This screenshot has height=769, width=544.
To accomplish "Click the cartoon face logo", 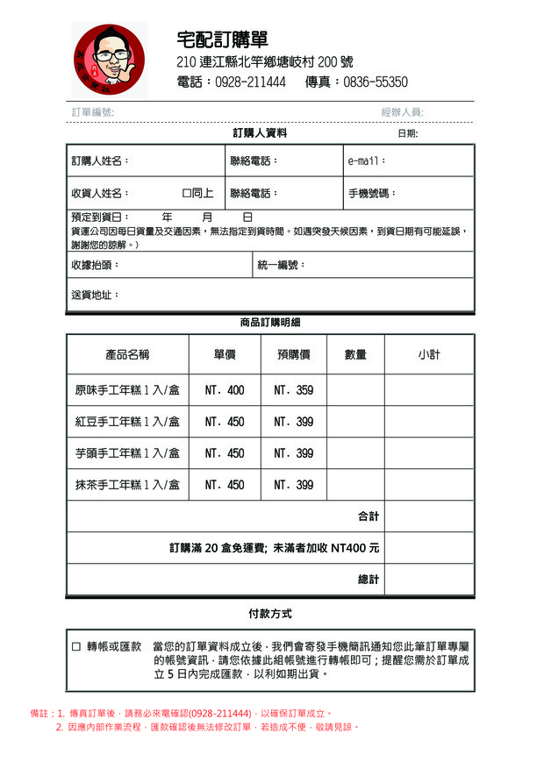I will pos(109,60).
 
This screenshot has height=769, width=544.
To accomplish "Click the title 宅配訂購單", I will pos(222,39).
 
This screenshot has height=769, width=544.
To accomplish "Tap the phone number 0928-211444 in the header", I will pos(250,82).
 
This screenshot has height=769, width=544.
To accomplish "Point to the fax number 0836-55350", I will pos(376,82).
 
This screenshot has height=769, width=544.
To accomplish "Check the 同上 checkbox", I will pos(187,193).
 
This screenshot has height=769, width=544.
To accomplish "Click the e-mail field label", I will pos(367,161).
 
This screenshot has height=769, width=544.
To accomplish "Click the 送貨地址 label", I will pos(95,295).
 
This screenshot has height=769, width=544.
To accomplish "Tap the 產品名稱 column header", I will pos(127,355).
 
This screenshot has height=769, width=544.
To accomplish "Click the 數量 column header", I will pos(355,355).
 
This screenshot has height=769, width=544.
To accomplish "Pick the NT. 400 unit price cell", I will pos(225,390).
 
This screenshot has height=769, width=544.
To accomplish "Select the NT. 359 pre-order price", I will pos(293,390).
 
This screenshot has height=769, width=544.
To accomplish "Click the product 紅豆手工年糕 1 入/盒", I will pos(127,422).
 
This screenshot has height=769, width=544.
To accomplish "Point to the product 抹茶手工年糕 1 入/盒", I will pos(127,485).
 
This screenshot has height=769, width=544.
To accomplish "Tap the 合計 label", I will pos(369,516).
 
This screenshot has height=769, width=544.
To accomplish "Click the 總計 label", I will pos(369,580).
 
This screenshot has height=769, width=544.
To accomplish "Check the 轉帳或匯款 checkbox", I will pos(76,646).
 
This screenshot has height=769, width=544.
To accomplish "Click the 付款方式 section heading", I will pos(270,614).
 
